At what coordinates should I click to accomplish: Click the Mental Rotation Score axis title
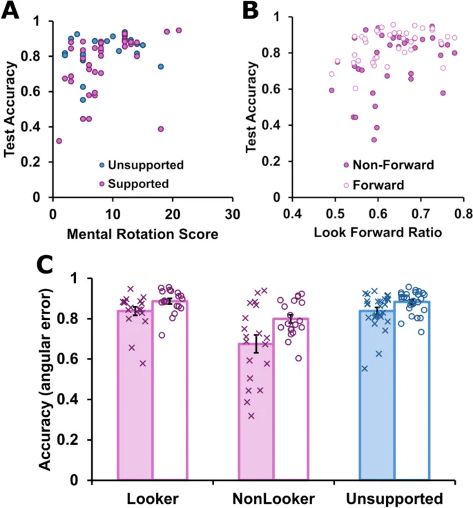[142, 234]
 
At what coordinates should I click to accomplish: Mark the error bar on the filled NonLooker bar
[257, 344]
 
